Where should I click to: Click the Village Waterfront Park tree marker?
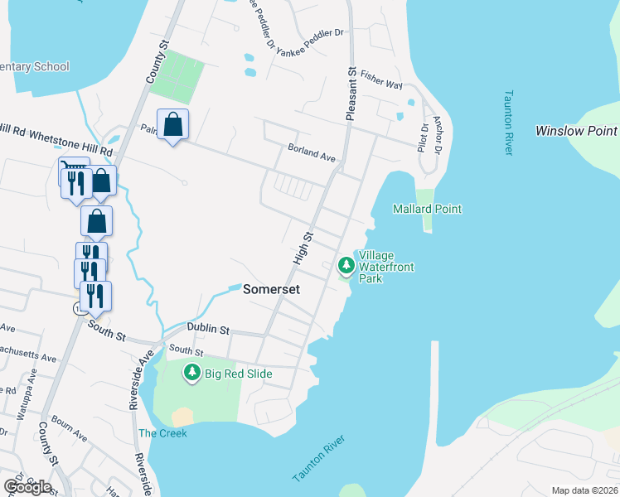pyautogui.click(x=346, y=266)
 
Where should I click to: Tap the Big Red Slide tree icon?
pyautogui.click(x=192, y=373)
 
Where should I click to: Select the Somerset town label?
pyautogui.click(x=270, y=289)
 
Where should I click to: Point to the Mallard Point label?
pyautogui.click(x=427, y=210)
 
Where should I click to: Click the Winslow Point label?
pyautogui.click(x=576, y=131)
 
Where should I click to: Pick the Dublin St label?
pyautogui.click(x=207, y=329)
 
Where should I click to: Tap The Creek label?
pyautogui.click(x=162, y=433)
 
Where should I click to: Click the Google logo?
pyautogui.click(x=27, y=486)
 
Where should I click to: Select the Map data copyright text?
pyautogui.click(x=584, y=490)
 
